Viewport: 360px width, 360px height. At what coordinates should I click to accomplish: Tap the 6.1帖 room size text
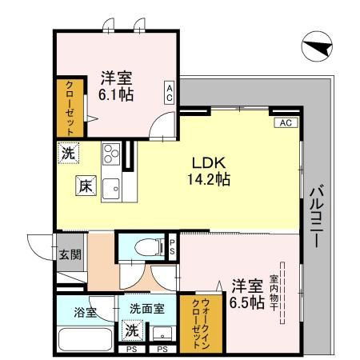pyautogui.click(x=117, y=94)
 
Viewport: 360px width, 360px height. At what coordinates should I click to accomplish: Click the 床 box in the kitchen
pyautogui.click(x=86, y=186)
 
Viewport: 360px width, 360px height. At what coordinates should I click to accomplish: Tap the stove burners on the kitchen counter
pyautogui.click(x=110, y=152)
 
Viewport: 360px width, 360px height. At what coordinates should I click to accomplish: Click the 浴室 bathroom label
pyautogui.click(x=86, y=310)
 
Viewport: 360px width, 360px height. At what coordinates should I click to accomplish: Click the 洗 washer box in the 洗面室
pyautogui.click(x=130, y=329)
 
